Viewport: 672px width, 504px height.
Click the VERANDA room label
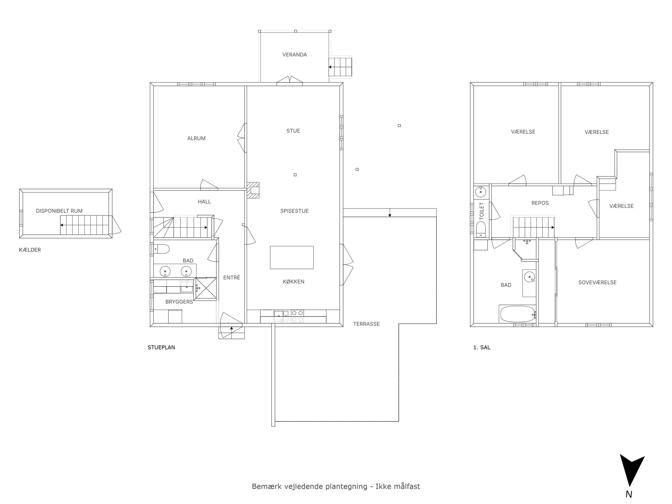click(x=294, y=55)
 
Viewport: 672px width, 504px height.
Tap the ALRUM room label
click(x=196, y=138)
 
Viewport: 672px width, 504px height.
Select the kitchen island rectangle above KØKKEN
click(x=292, y=257)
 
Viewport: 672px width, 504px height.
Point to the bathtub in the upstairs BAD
click(x=517, y=314)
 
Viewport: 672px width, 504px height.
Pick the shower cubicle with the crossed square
click(x=206, y=289)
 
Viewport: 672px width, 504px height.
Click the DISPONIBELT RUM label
click(x=59, y=211)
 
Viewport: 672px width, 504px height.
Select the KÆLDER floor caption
click(x=30, y=250)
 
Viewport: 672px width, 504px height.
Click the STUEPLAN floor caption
click(x=161, y=347)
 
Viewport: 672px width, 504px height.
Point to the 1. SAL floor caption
click(x=482, y=347)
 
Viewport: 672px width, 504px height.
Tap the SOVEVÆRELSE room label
click(x=597, y=283)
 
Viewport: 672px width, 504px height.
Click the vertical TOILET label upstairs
click(x=482, y=211)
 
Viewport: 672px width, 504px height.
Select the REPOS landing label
click(x=540, y=203)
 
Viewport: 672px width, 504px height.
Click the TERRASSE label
click(x=366, y=324)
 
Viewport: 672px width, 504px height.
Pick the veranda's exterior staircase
click(x=340, y=67)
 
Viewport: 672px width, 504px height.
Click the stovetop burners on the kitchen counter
click(x=297, y=316)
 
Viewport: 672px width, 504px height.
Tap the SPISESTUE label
click(x=294, y=211)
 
